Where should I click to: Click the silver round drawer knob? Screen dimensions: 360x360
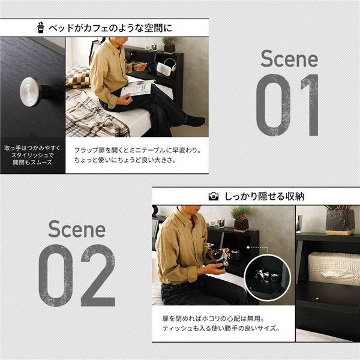click(x=31, y=91)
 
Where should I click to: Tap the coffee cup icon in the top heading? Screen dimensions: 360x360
click(x=41, y=27)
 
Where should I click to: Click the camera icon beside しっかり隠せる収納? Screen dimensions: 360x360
click(x=213, y=196)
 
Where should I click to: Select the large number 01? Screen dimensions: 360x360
click(x=289, y=105)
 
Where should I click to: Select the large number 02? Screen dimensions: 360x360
click(x=77, y=275)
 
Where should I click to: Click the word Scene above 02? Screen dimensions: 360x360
click(x=76, y=229)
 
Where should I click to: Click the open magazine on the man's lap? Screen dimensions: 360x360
click(x=138, y=88)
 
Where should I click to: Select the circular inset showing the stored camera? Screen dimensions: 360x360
click(x=268, y=277)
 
